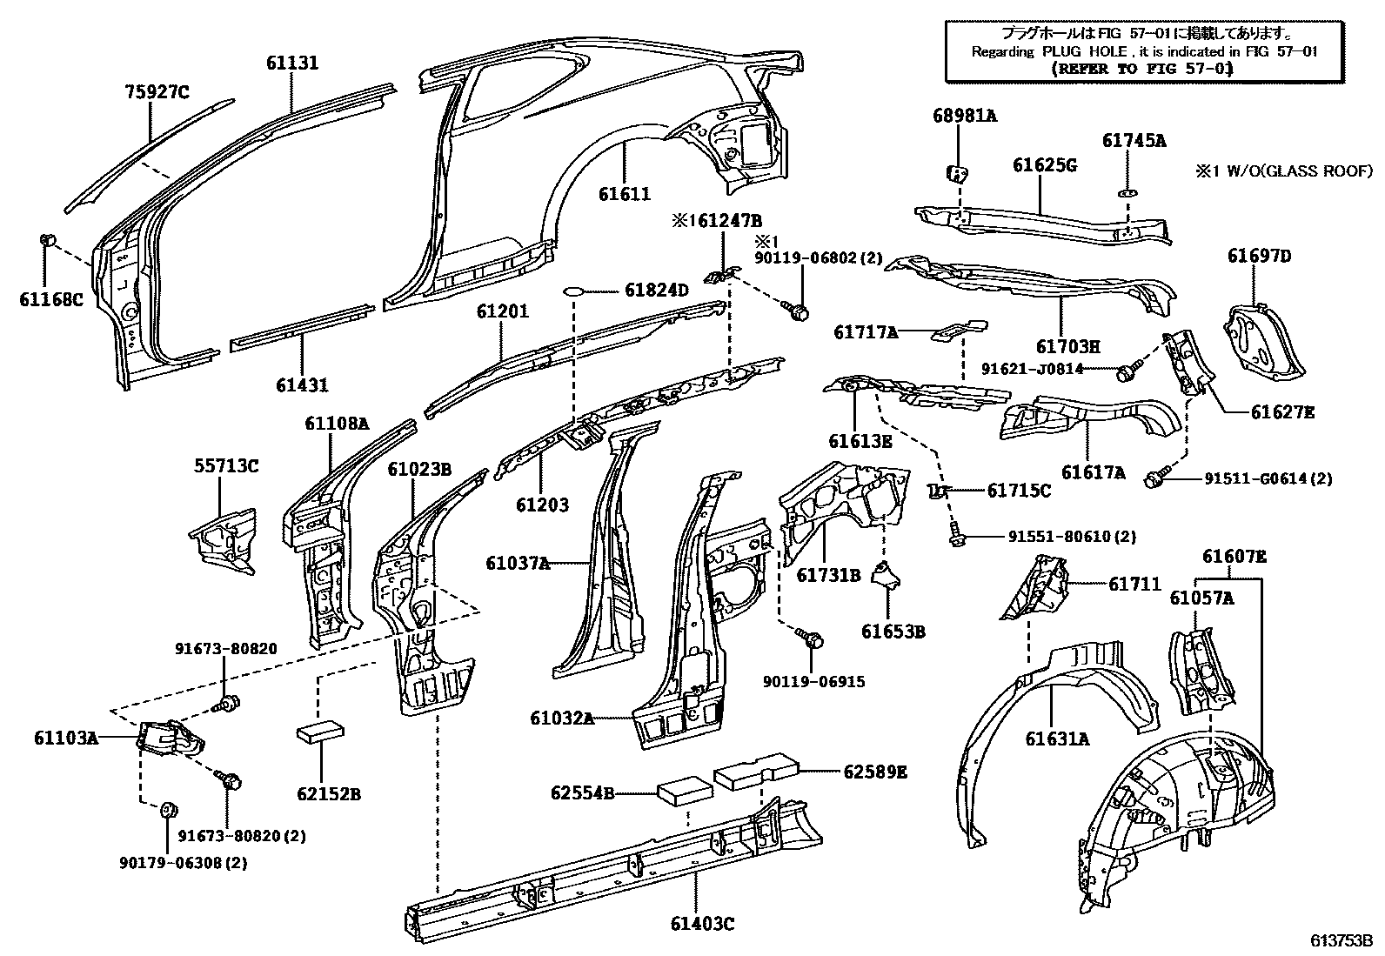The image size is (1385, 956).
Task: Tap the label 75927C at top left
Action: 156,91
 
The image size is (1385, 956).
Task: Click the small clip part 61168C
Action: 49,240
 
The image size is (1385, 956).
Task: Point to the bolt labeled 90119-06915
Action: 813,640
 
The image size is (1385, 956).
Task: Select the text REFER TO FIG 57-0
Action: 1141,68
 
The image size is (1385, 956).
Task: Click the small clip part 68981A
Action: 956,172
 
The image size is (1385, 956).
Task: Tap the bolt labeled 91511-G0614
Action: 1157,477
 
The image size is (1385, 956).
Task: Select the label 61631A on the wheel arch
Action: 1056,739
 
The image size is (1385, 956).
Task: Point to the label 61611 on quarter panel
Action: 624,194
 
